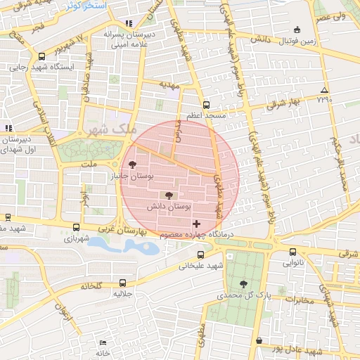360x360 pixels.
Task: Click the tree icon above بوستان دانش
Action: (x=167, y=195)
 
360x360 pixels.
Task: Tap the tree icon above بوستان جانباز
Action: (x=133, y=165)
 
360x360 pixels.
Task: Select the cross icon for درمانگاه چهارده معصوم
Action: (x=196, y=224)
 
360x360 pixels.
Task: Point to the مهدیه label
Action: (x=169, y=85)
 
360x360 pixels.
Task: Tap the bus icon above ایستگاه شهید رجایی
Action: (x=41, y=57)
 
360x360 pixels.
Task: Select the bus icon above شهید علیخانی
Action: (x=201, y=255)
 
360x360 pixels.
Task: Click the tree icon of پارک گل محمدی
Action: (x=243, y=284)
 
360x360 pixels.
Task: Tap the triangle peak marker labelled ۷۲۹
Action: (x=324, y=90)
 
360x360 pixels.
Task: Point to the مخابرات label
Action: (x=296, y=300)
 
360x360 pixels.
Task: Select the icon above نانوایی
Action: (x=294, y=252)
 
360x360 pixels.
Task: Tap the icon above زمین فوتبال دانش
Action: (x=296, y=30)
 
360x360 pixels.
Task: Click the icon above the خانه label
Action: (x=103, y=342)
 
